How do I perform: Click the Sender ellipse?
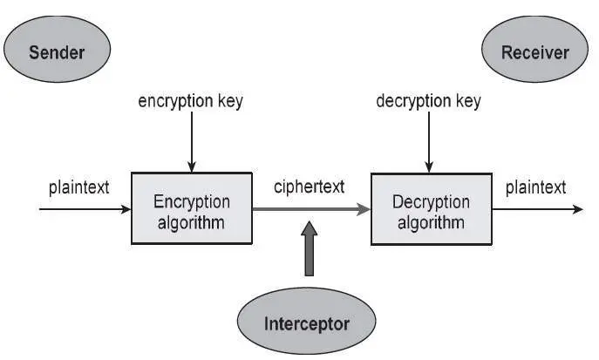coord(57,51)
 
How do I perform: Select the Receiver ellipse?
coord(534,51)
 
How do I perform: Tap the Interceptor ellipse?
coord(306,324)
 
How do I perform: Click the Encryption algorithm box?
coord(191,209)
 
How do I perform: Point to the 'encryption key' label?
coord(190,101)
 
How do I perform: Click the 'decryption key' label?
coord(428,101)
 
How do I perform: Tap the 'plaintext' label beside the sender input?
coord(78,187)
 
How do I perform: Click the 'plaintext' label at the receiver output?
coord(535,187)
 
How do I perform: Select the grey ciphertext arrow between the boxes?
coord(310,210)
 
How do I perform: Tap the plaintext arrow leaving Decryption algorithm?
coord(536,210)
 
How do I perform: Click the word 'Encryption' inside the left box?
coord(190,201)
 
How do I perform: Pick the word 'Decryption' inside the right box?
coord(431,201)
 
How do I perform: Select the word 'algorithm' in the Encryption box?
coord(190,221)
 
